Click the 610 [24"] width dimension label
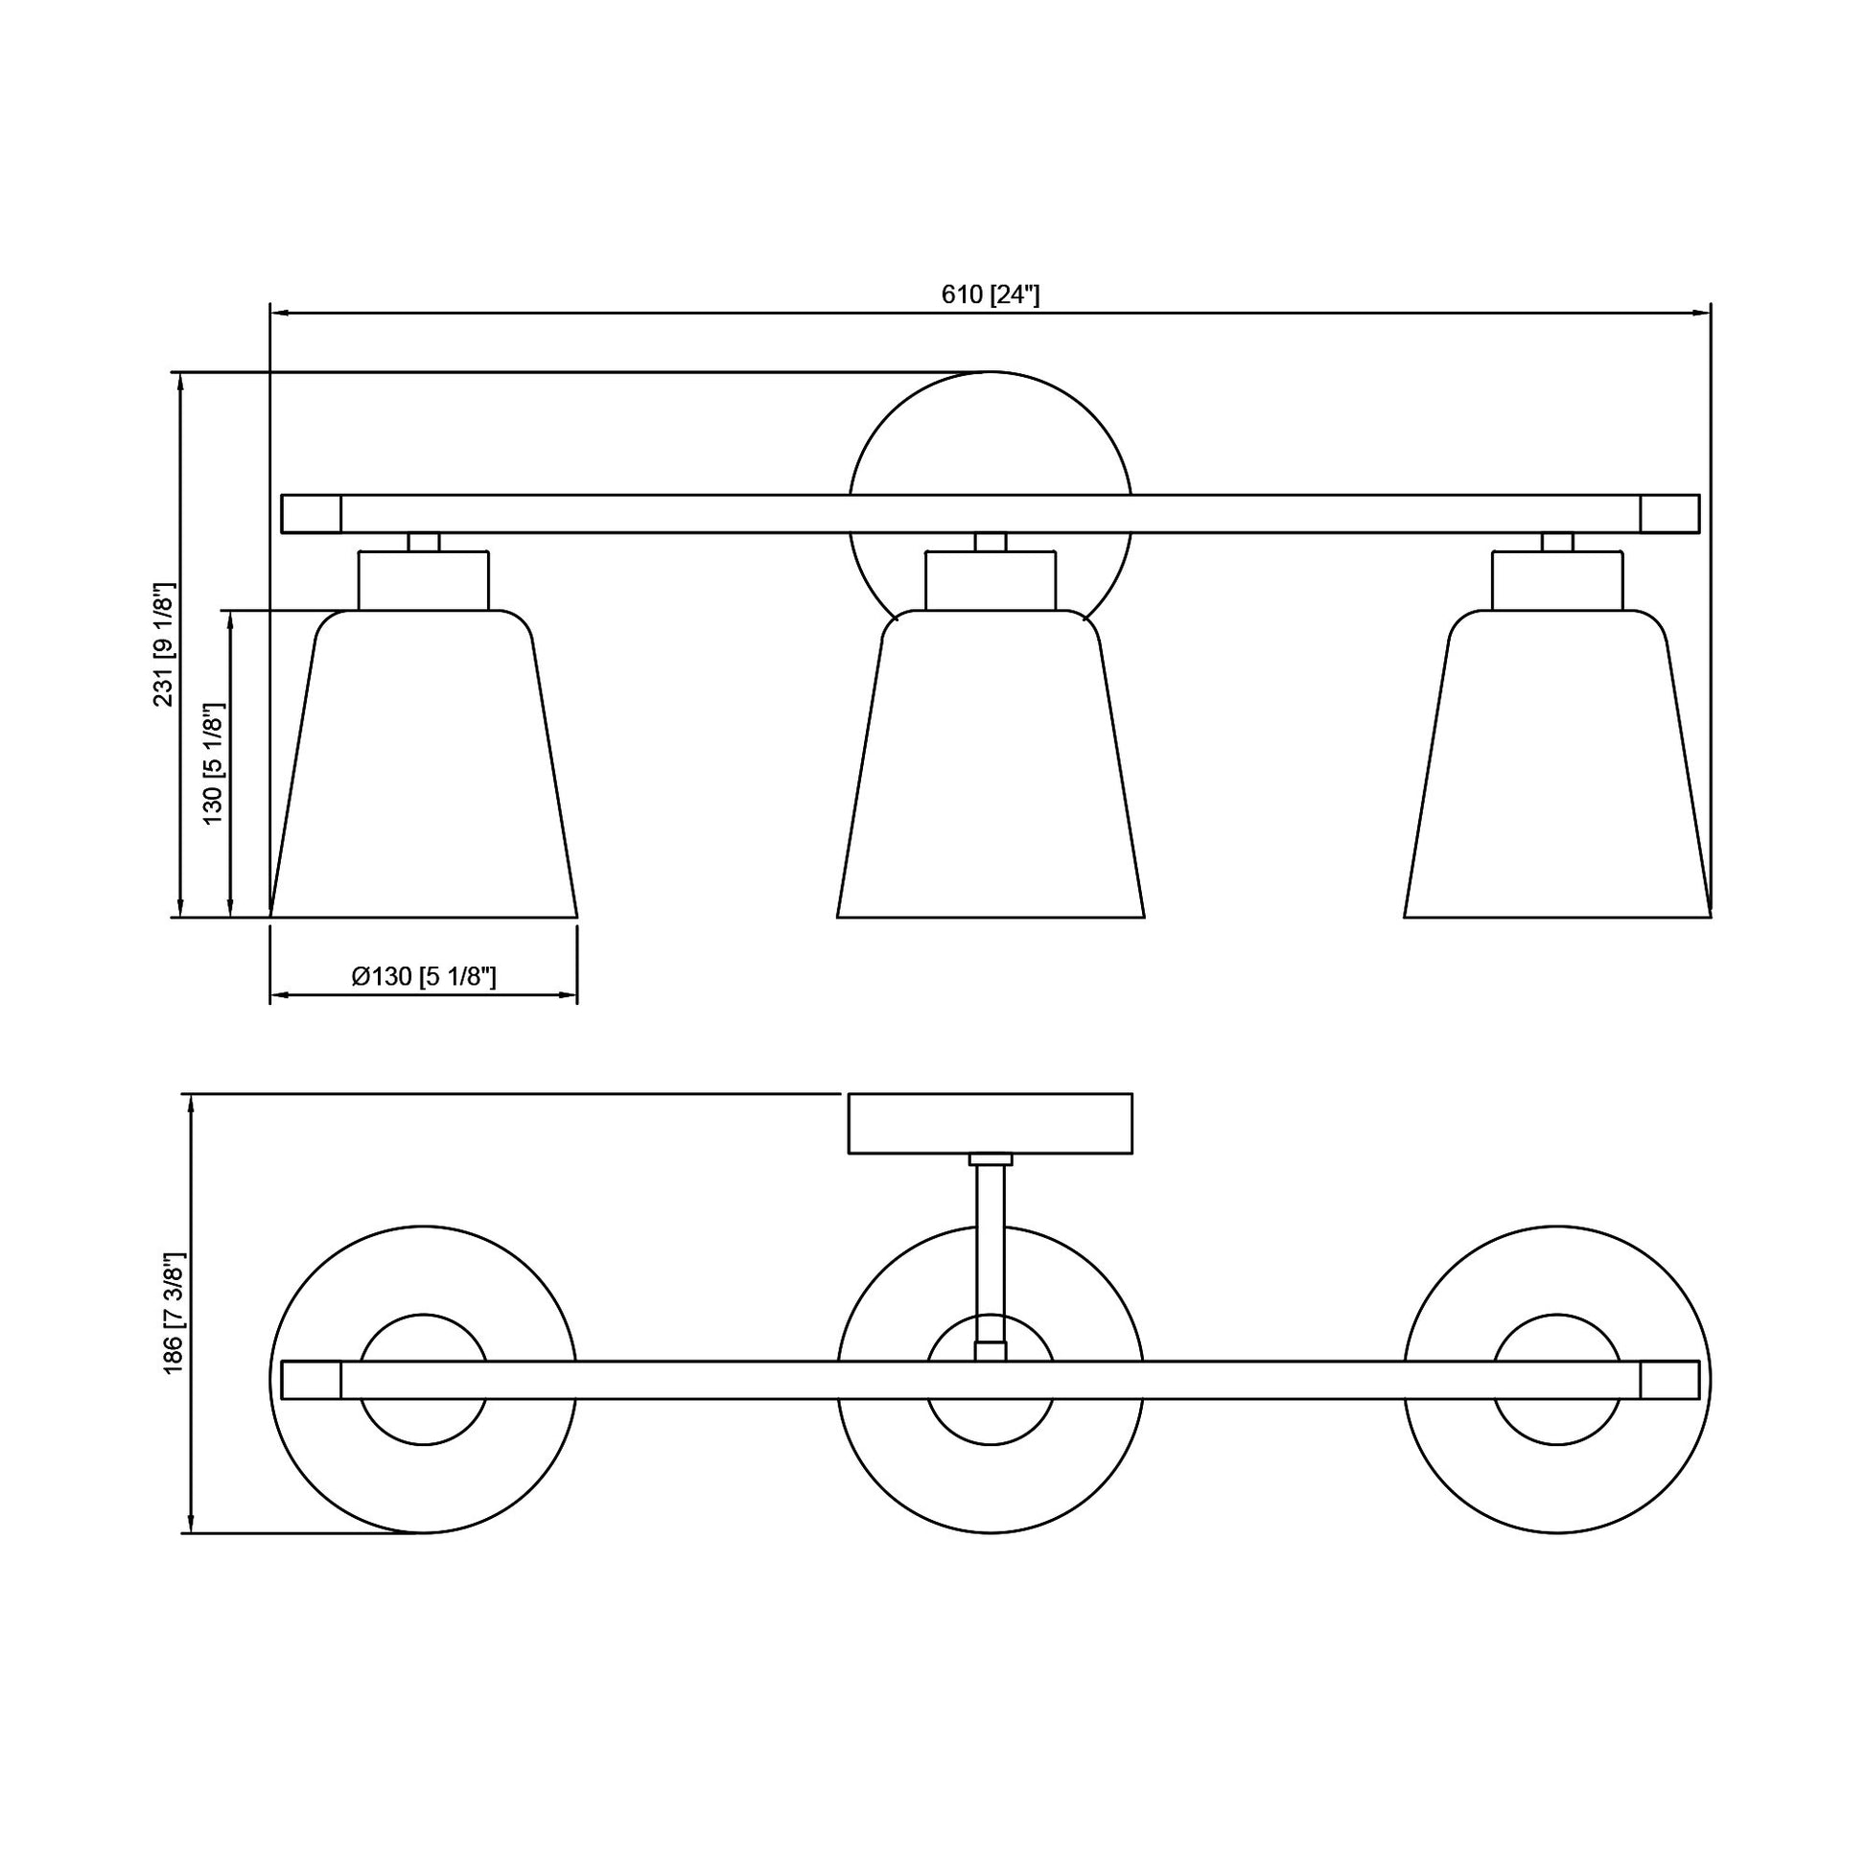tap(990, 294)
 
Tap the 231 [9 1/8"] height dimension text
tap(165, 644)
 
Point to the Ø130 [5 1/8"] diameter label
tap(424, 976)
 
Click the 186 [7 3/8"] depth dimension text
tap(174, 1313)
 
